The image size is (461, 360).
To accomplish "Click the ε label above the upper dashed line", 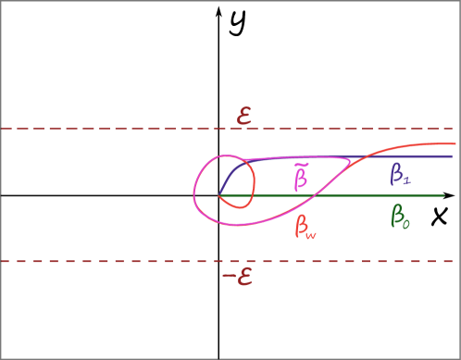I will coord(244,116).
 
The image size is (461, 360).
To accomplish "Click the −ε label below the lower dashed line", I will coord(238,276).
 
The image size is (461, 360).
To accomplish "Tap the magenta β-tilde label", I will coord(301,175).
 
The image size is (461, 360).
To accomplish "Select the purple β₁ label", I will coord(401,173).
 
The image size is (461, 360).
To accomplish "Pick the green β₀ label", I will coord(400,217).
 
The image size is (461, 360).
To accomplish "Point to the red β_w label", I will coord(305,226).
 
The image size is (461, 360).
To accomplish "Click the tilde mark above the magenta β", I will coord(301,164).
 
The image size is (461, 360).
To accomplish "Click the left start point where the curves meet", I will coord(219,196).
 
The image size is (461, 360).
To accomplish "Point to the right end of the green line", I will coord(444,195).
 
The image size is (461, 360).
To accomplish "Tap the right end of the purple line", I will coord(452,156).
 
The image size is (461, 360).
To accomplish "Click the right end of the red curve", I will coord(455,143).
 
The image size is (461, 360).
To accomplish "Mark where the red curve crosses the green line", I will coord(316,195).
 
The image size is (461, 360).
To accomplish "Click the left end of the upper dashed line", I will coord(3,129).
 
